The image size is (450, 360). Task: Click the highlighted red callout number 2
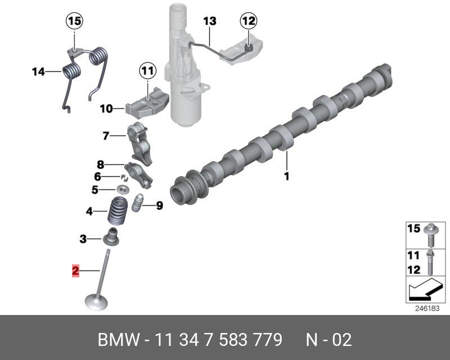coord(75,271)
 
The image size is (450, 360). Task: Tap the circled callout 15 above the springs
coord(75,22)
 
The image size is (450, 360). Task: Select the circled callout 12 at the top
coord(248,21)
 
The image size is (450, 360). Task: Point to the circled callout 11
coord(147,71)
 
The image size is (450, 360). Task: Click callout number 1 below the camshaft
coord(286,176)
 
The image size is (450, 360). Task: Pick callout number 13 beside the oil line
coord(209,21)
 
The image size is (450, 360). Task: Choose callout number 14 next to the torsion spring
coord(38,71)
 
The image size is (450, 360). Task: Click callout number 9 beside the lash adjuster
coord(159,206)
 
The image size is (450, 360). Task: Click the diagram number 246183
coord(426,309)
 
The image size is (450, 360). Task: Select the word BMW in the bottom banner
coord(116,340)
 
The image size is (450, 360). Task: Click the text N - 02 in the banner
coord(328,340)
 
